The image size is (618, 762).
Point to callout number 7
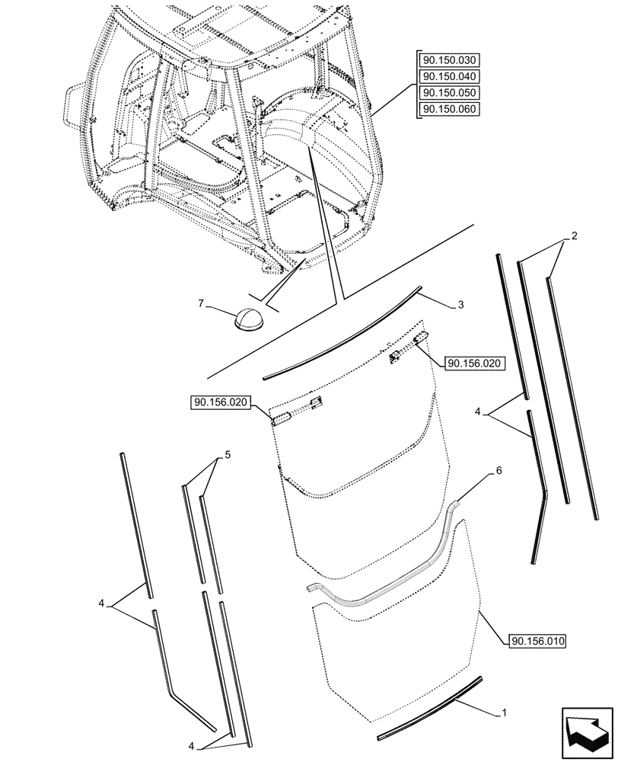point(201,304)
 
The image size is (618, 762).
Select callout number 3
point(462,306)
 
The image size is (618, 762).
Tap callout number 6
point(499,472)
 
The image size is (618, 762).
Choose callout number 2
point(575,236)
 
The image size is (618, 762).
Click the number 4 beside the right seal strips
point(477,412)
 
